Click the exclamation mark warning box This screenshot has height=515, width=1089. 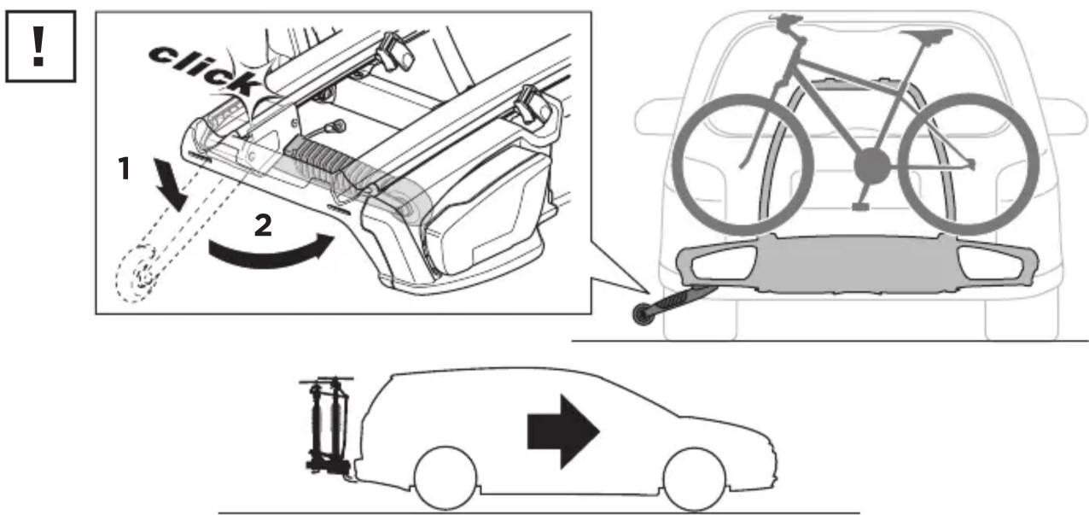tap(41, 46)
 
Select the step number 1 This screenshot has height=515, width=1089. tap(125, 168)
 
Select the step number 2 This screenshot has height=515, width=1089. tap(263, 225)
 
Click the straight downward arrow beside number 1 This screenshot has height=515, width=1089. tap(170, 184)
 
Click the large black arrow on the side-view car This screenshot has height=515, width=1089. tap(563, 432)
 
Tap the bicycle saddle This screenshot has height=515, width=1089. tap(926, 35)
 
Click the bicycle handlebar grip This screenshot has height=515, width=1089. tap(785, 20)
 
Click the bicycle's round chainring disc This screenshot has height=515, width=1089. tap(872, 167)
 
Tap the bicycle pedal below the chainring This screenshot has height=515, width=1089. tap(860, 207)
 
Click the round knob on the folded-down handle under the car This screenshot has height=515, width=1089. tap(642, 314)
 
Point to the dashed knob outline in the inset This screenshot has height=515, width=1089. tap(137, 274)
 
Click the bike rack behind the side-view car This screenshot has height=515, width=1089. tap(328, 425)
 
